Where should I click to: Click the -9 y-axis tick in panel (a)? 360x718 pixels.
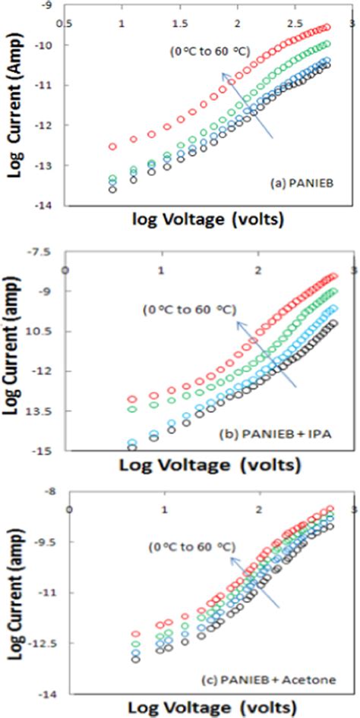click(x=49, y=5)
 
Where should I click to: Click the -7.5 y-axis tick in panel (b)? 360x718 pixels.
click(x=43, y=251)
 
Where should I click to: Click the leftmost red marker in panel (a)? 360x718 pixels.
click(x=113, y=146)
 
